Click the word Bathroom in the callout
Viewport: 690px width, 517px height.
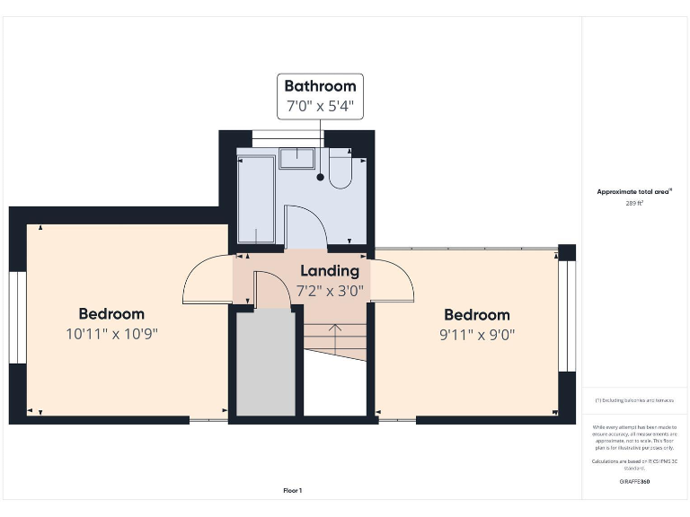click(x=320, y=86)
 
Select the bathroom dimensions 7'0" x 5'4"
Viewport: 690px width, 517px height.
click(x=320, y=106)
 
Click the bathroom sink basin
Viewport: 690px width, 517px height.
click(x=296, y=159)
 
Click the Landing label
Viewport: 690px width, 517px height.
click(x=329, y=270)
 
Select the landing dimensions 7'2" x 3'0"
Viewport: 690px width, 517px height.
click(x=329, y=291)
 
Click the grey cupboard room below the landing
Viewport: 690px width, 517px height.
click(x=265, y=364)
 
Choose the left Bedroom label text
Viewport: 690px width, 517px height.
click(x=111, y=314)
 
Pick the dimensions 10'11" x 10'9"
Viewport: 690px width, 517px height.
click(x=111, y=334)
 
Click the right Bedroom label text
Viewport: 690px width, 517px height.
click(x=477, y=315)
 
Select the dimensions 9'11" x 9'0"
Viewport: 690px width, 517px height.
click(x=477, y=335)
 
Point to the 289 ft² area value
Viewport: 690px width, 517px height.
click(x=634, y=204)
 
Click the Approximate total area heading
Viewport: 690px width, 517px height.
click(x=634, y=191)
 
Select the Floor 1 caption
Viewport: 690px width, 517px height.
click(x=293, y=490)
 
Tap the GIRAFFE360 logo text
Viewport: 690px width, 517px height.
click(x=634, y=482)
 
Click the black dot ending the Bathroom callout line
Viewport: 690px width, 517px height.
click(x=320, y=177)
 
